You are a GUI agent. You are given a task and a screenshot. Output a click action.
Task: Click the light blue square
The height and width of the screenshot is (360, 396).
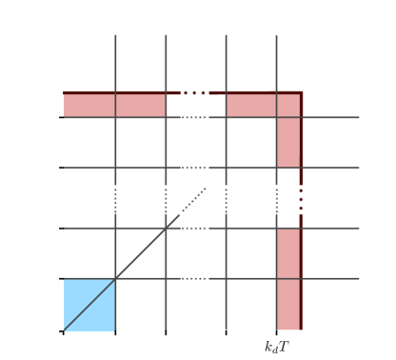coord(89,305)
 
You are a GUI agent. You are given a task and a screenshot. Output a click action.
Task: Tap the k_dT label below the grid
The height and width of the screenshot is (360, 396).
coord(276,347)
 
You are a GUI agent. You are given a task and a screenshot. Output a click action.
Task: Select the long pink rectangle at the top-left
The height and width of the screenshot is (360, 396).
coord(114,105)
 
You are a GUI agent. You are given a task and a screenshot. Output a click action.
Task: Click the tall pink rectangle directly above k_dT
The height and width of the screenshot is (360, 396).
coord(288,279)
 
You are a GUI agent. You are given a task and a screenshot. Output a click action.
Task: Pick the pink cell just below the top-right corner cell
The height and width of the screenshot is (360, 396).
coord(288,142)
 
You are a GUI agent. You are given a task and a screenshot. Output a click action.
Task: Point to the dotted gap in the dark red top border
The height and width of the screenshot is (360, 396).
coord(194,92)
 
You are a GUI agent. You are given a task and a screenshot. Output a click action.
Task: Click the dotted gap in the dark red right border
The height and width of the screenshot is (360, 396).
coord(301,198)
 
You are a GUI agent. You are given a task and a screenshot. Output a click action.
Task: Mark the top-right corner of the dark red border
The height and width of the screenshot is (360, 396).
coord(301,92)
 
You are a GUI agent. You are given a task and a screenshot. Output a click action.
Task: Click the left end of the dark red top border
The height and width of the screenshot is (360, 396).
coord(65,92)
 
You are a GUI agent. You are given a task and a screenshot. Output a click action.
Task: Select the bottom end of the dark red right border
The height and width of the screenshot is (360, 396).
coord(301,329)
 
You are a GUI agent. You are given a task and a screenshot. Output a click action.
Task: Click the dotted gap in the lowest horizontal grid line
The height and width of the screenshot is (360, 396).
coord(194,279)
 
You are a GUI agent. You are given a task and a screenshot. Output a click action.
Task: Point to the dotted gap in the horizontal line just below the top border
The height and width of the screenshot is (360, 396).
coord(194,117)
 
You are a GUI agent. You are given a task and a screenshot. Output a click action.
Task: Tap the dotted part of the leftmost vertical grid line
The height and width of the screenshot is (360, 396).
coord(115,198)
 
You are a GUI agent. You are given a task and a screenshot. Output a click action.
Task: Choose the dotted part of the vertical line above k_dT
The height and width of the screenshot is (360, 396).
coord(277,198)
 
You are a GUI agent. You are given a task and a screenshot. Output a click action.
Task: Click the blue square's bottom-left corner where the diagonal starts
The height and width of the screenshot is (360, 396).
coord(65,330)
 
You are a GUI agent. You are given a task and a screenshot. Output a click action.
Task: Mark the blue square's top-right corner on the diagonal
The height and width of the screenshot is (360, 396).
coord(115,279)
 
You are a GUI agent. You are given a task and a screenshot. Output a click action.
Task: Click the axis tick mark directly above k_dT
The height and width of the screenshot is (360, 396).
coord(277,331)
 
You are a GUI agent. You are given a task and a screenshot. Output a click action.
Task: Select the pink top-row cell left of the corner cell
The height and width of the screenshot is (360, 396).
coord(251,105)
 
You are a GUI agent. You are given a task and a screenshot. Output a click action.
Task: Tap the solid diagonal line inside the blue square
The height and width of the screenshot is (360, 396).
coord(89,305)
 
